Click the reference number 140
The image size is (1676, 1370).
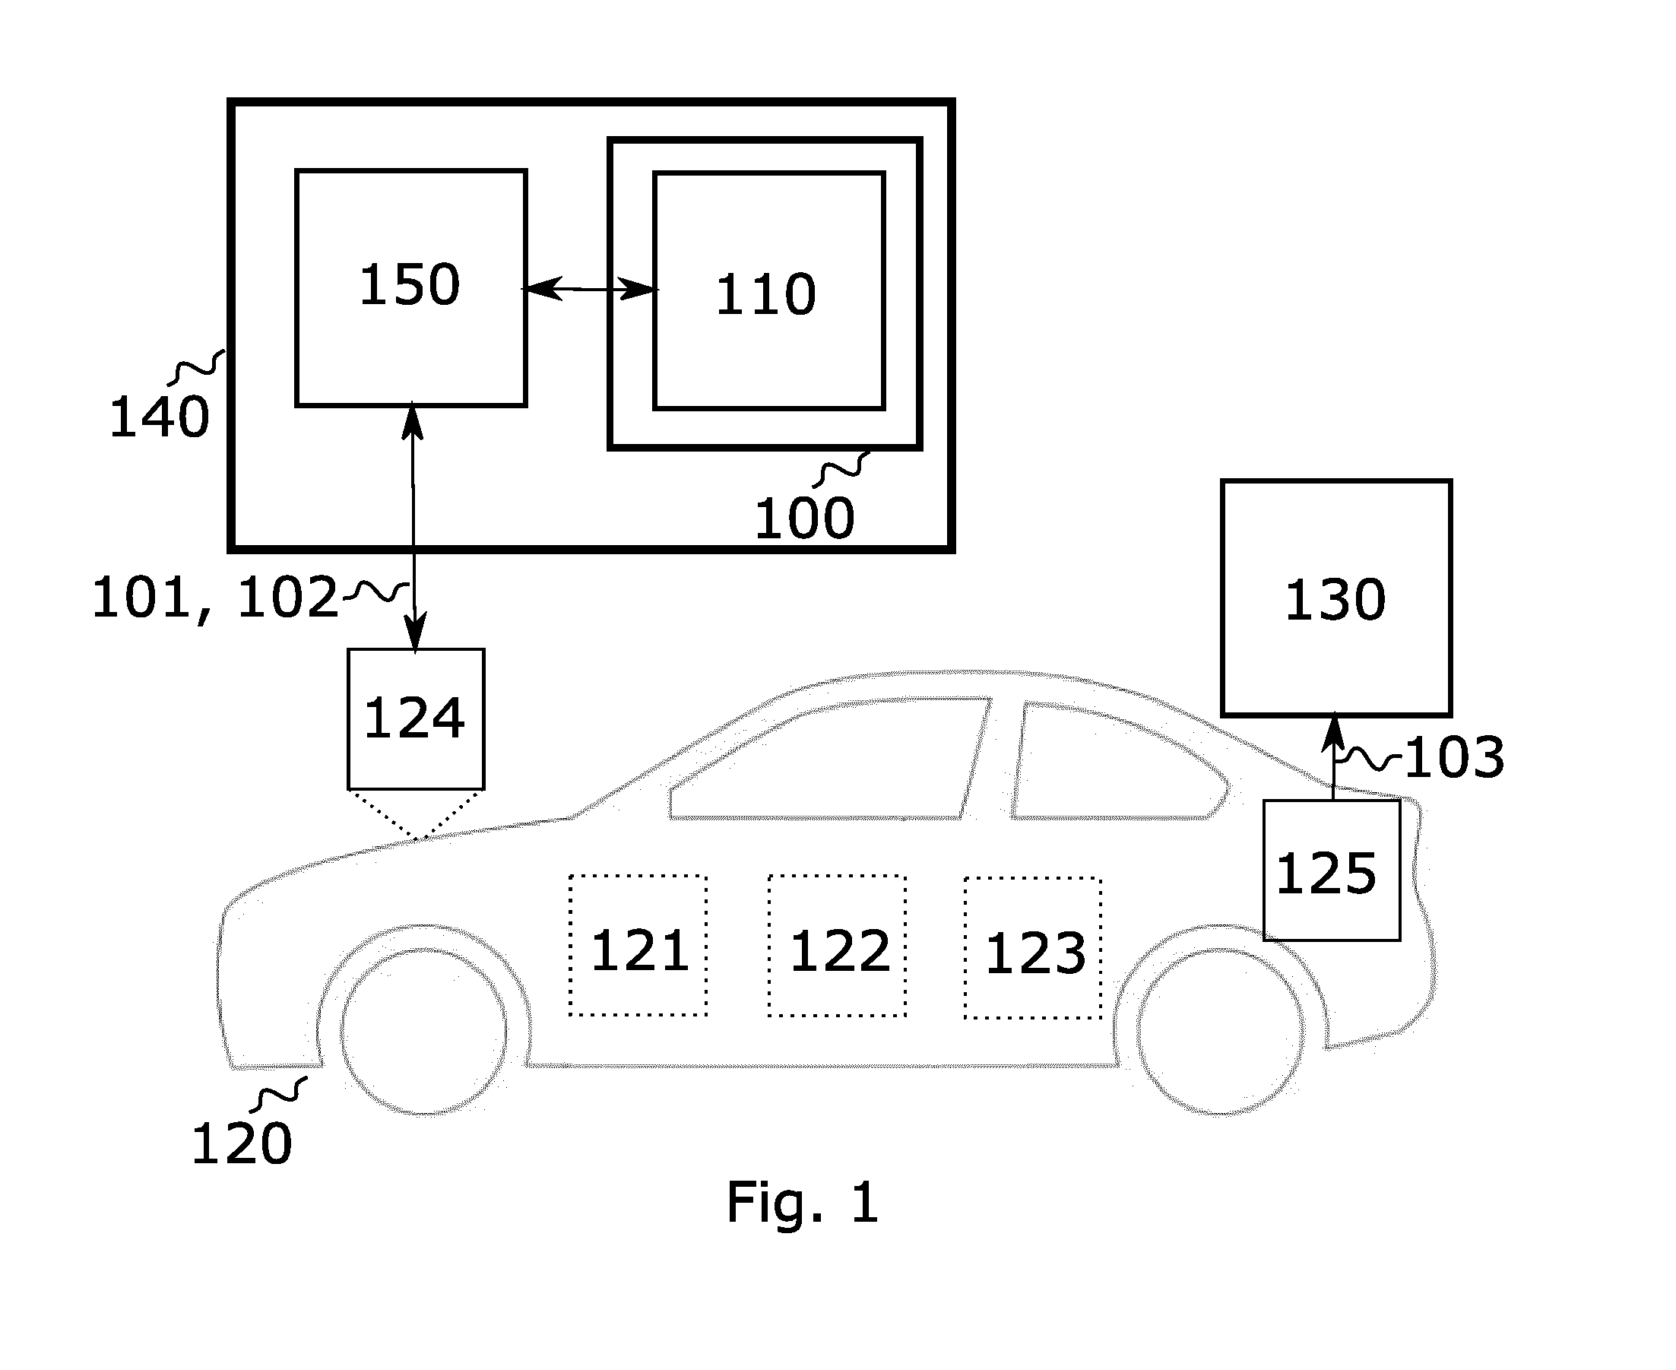[160, 417]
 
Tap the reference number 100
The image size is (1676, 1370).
[804, 519]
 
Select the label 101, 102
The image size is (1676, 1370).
[215, 598]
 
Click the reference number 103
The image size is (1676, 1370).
[1455, 756]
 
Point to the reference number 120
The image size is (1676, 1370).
[242, 1143]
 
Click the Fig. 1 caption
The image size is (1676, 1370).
[803, 1204]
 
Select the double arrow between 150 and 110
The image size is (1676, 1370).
[591, 289]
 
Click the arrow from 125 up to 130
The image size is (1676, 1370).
[1333, 756]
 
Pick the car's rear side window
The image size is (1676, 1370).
[1120, 762]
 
